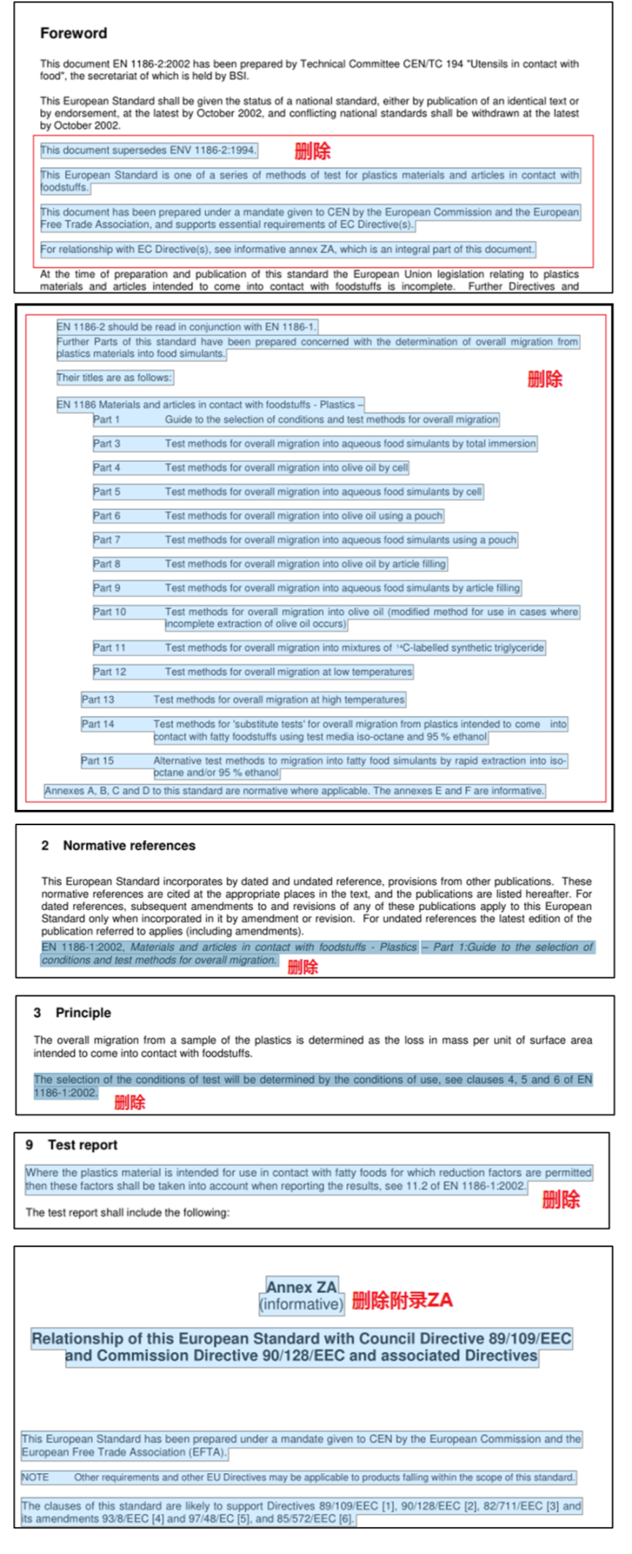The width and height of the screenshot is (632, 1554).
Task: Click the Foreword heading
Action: click(x=73, y=34)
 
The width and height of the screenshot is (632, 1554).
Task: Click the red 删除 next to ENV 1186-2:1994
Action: click(x=312, y=151)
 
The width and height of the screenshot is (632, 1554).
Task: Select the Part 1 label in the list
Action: click(x=107, y=420)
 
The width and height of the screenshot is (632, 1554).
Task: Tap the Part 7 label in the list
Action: click(x=107, y=540)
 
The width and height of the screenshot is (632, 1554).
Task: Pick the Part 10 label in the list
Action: click(x=109, y=612)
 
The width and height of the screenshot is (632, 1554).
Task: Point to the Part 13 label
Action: click(x=98, y=700)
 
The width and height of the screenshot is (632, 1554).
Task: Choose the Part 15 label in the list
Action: click(x=98, y=760)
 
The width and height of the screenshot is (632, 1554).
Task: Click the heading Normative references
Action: click(x=128, y=846)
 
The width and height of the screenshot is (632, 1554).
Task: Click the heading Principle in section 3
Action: click(x=83, y=1013)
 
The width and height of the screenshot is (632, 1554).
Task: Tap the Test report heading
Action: click(x=82, y=1145)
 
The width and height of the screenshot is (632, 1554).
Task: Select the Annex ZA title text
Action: click(x=301, y=1286)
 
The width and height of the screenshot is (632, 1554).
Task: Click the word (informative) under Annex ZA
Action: click(x=301, y=1304)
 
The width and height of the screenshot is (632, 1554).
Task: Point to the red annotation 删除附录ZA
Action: click(x=402, y=1299)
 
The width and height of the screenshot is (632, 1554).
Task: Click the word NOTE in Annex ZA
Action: click(x=35, y=1477)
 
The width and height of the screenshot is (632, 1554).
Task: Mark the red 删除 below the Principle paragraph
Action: click(x=130, y=1102)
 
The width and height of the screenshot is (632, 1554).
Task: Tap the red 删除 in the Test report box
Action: click(x=560, y=1199)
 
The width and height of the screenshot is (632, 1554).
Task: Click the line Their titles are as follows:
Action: click(x=115, y=377)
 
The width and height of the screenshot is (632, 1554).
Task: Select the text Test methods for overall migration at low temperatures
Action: click(x=288, y=671)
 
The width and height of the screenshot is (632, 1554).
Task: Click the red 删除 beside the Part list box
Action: click(x=545, y=379)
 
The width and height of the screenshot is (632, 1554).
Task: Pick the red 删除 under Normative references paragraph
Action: click(x=303, y=967)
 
